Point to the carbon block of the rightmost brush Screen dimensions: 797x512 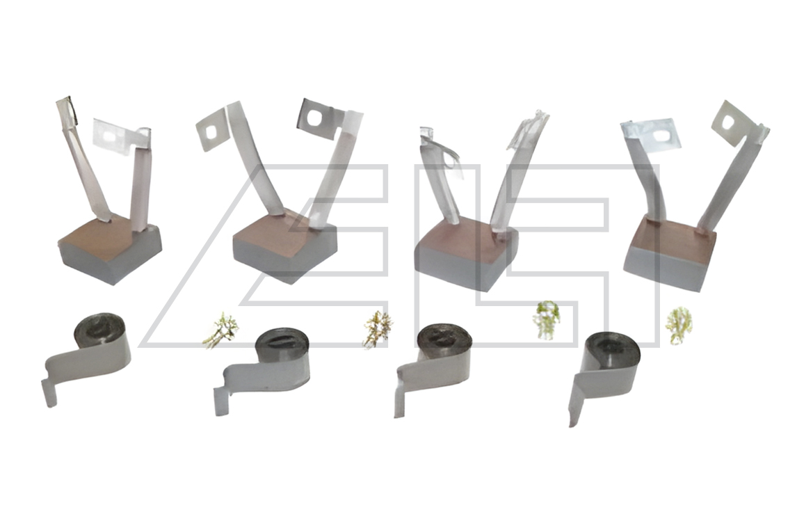tap(670, 253)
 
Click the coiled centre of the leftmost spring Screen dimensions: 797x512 tap(99, 330)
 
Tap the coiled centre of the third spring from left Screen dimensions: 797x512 tap(443, 338)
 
